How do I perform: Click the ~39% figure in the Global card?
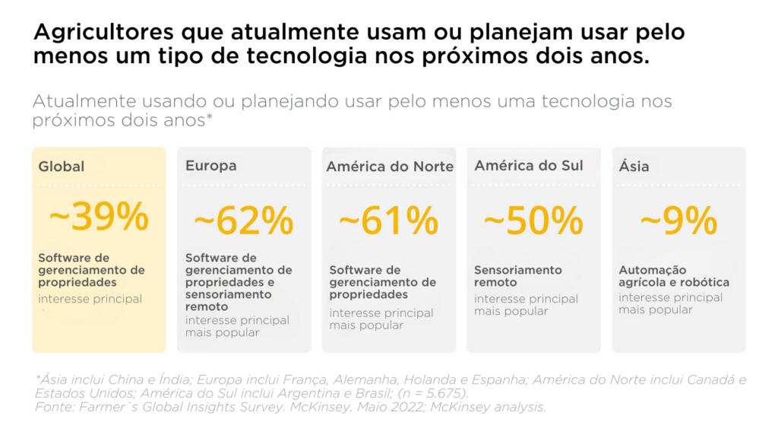coord(99,217)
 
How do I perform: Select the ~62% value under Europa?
coord(244,220)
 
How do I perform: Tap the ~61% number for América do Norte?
coord(389,220)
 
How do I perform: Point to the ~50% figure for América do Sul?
coord(533,220)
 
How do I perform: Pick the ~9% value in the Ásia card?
coord(678,220)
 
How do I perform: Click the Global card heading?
coord(62,167)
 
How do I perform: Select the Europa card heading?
coord(211,166)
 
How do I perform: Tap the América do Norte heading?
coord(390,167)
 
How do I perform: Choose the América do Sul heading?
coord(529,166)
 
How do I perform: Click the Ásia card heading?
coord(634,166)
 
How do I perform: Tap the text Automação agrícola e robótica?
coord(663,276)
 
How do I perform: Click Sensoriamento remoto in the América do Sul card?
coord(518,276)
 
